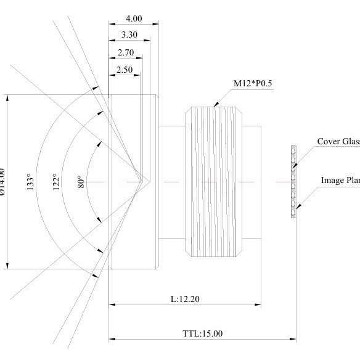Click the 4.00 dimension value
[133, 18]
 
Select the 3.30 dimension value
[129, 35]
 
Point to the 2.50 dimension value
[125, 70]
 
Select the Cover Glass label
[338, 142]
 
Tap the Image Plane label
[340, 181]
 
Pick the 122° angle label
[57, 182]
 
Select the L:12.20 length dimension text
[185, 299]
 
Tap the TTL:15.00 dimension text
[203, 333]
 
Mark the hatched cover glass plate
[294, 182]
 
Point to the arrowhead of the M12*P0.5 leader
[215, 106]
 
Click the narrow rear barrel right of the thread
[253, 182]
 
